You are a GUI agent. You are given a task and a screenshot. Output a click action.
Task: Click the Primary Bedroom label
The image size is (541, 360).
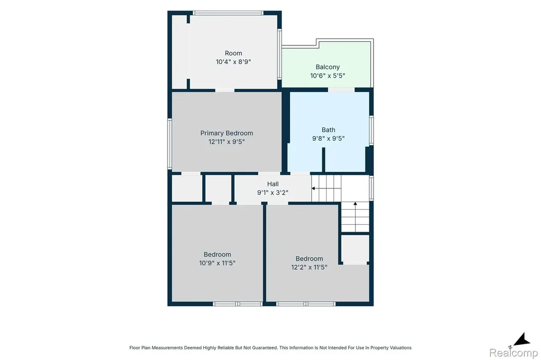(x=226, y=133)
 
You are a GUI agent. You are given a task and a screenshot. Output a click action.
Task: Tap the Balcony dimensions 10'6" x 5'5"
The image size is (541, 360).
(x=328, y=75)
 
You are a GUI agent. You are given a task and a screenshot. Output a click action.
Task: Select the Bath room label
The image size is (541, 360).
(x=329, y=130)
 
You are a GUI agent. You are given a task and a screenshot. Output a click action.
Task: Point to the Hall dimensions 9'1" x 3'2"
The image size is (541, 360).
(x=273, y=193)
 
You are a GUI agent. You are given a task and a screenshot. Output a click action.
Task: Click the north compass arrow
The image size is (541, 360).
(x=521, y=339)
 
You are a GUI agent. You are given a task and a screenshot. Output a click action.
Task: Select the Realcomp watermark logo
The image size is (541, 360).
(x=514, y=353)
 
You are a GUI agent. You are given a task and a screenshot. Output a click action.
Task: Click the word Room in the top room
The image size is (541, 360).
(x=233, y=53)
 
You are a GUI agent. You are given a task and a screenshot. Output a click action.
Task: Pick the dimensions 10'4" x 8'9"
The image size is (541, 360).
(x=233, y=62)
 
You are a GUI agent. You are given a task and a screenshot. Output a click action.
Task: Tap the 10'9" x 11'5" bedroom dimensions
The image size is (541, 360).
(x=217, y=263)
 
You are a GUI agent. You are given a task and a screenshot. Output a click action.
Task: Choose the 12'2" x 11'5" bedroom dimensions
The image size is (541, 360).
(x=309, y=267)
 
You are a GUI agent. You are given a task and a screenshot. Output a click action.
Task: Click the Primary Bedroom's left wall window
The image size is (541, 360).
(x=170, y=144)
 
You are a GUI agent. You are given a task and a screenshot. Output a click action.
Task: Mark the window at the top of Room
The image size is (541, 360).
(x=228, y=13)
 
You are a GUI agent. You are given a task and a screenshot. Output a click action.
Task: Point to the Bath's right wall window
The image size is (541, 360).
(x=371, y=130)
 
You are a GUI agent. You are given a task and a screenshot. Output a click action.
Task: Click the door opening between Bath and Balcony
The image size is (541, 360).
(x=341, y=90)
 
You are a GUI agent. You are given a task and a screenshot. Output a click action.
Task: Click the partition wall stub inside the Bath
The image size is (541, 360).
(x=324, y=159)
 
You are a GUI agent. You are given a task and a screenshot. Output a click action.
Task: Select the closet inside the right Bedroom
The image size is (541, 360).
(x=355, y=249)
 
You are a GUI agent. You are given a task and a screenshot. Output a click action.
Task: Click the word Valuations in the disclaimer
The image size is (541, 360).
(x=400, y=347)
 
